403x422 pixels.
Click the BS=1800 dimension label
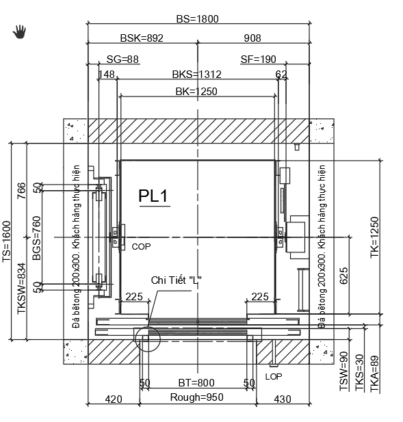[x=197, y=19]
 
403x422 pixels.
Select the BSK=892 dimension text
[x=142, y=38]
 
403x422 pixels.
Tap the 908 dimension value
[x=252, y=38]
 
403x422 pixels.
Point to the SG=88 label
[x=122, y=60]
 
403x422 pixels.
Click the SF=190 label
[x=258, y=60]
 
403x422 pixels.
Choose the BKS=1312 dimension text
[x=197, y=75]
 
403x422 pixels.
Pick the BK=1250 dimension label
[x=196, y=92]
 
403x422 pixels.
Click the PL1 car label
[x=153, y=196]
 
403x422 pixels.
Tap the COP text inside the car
[x=141, y=247]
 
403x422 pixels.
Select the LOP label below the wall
[x=274, y=376]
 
